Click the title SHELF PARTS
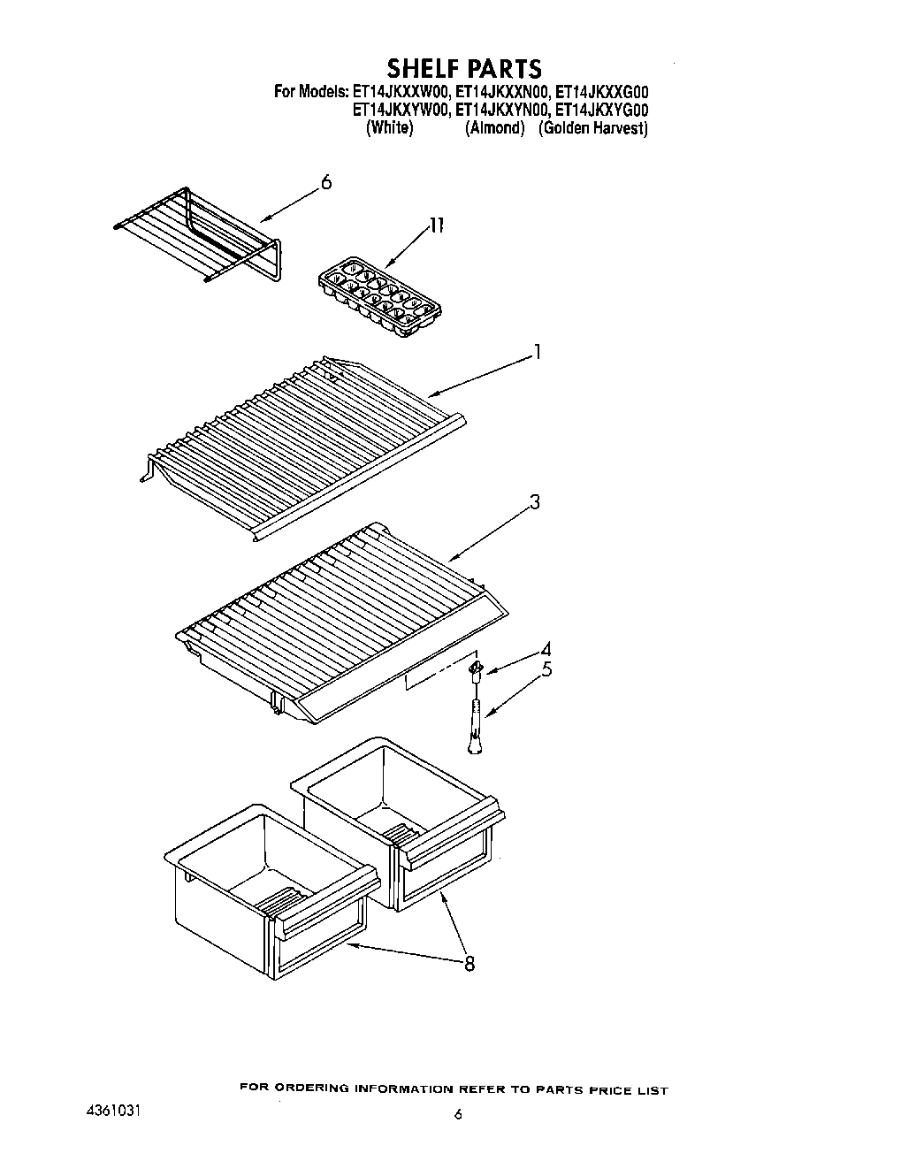coord(463,68)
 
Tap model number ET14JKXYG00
coord(601,111)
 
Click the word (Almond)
coord(494,129)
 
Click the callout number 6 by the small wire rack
coord(326,183)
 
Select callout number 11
coord(435,225)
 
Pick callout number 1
coord(536,354)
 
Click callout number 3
coord(534,503)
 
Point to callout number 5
coord(546,669)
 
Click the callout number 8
coord(469,964)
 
